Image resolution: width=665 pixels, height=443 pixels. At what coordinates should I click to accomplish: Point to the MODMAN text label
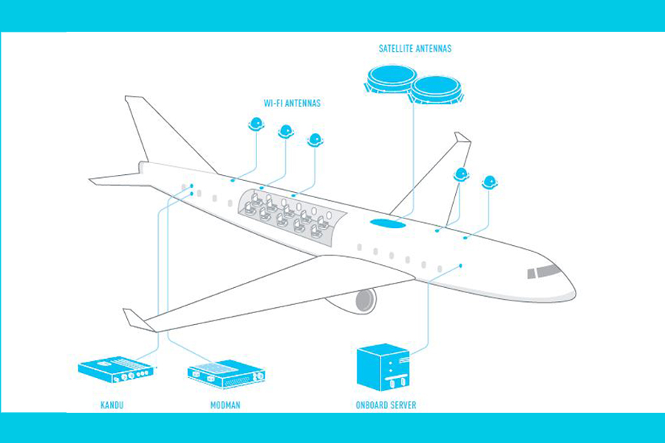[225, 405]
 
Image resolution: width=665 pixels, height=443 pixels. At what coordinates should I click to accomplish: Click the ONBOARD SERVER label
[386, 405]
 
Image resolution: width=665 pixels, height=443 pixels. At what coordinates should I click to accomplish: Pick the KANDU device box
[117, 369]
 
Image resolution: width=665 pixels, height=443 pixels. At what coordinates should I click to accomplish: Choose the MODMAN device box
[226, 374]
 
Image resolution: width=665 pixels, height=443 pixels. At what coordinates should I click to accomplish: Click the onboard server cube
[382, 367]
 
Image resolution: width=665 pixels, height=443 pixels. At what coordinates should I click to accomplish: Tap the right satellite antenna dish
[437, 88]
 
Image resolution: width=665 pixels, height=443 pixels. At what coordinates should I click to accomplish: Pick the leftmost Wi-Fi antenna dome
[256, 123]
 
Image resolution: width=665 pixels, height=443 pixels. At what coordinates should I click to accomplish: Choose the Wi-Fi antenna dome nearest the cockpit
[489, 181]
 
